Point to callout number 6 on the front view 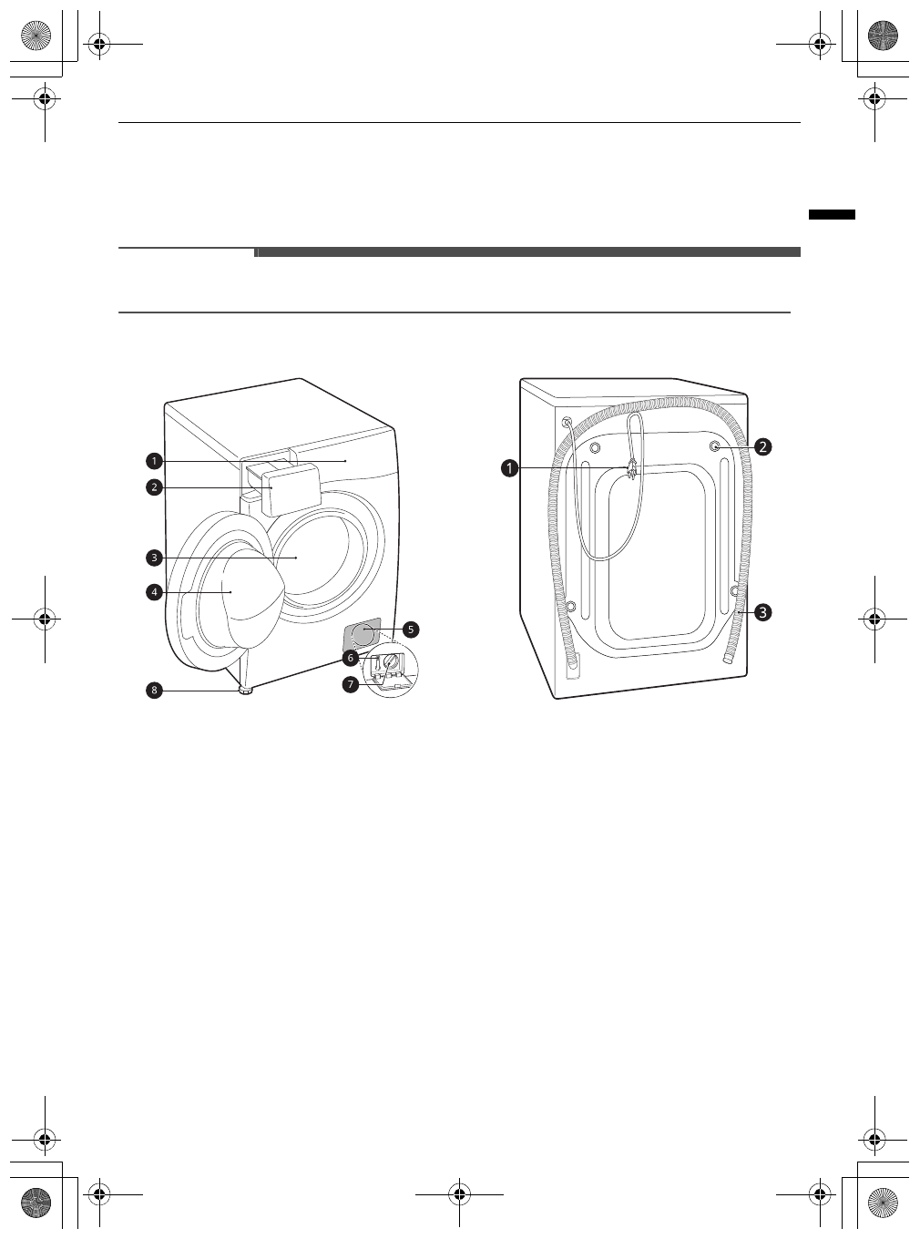click(351, 657)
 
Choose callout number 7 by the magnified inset click(351, 683)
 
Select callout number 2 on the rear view click(762, 446)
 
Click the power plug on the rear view click(629, 469)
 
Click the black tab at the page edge click(832, 215)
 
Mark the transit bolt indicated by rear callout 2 click(716, 447)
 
